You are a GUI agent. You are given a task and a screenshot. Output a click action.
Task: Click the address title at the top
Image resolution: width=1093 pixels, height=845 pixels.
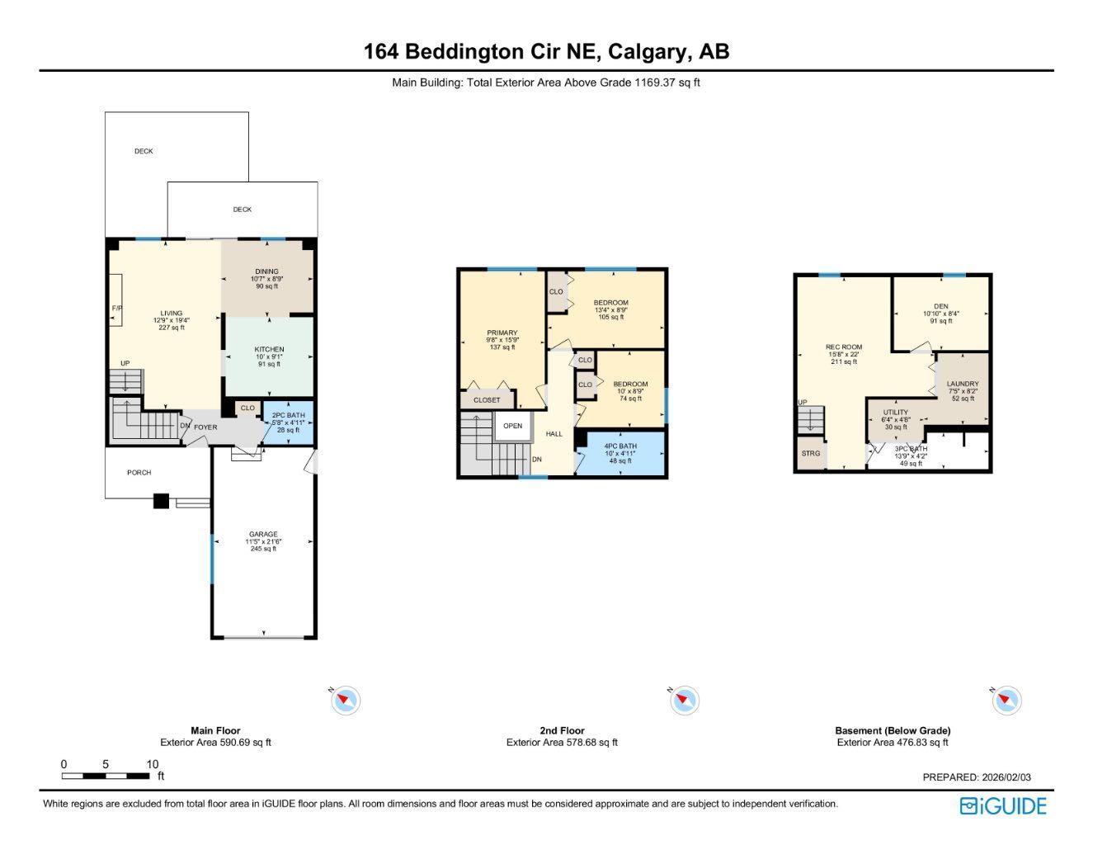546,51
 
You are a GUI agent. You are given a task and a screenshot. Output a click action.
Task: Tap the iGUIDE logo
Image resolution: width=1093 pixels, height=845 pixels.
1002,806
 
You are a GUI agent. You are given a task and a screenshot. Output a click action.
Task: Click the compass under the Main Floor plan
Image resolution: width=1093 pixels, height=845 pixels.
346,701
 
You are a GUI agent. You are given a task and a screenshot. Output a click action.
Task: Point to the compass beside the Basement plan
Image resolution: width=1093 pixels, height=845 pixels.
1006,701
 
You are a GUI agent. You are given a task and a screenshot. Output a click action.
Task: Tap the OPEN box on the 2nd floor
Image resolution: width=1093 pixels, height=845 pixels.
512,426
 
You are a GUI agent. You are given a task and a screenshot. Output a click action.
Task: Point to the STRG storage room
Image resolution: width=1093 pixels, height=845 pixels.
810,453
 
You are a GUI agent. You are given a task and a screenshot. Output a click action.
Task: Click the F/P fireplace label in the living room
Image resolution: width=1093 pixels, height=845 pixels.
116,308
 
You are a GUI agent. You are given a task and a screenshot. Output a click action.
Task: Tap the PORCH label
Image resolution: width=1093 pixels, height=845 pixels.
139,473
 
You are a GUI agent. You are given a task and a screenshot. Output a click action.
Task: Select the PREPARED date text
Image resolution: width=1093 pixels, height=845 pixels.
976,777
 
